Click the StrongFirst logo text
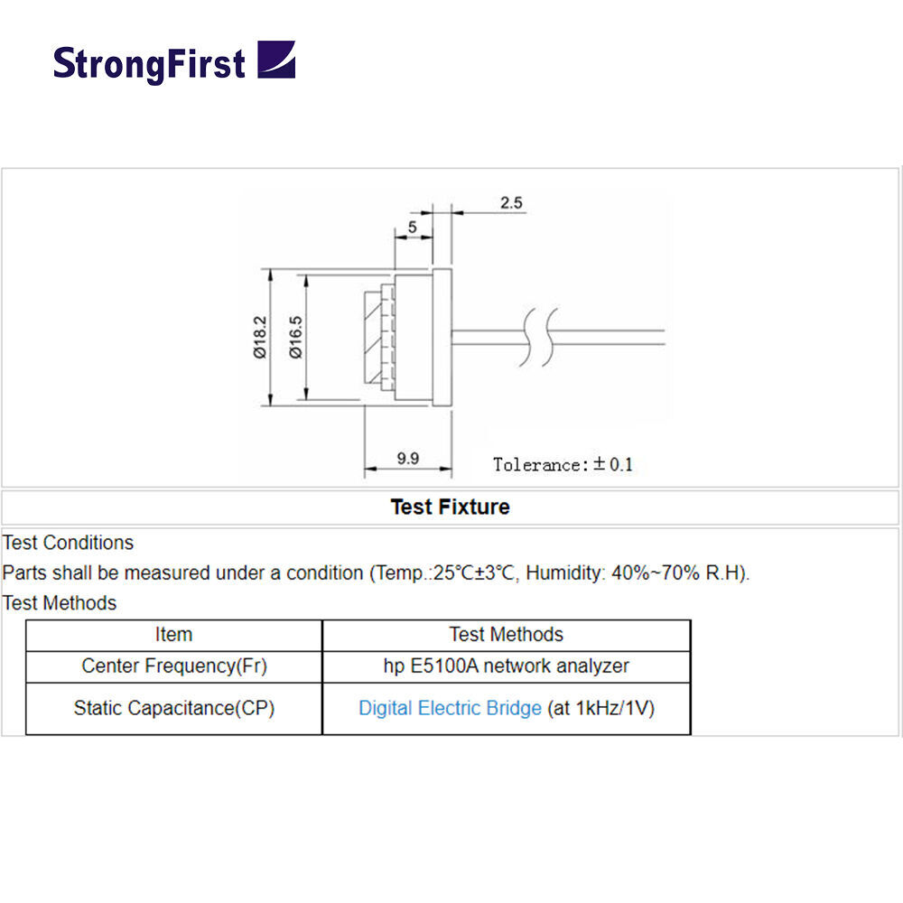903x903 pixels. pos(149,64)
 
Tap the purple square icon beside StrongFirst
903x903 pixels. pos(276,60)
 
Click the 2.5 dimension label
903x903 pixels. pos(511,202)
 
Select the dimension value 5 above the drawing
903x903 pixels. pos(413,227)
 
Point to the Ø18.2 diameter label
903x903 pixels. pos(260,337)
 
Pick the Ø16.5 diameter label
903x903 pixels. pos(295,337)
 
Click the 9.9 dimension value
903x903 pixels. pos(408,459)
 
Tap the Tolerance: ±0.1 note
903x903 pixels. pos(563,464)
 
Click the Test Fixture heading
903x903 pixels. pos(451,507)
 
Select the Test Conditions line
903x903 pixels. pos(68,543)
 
